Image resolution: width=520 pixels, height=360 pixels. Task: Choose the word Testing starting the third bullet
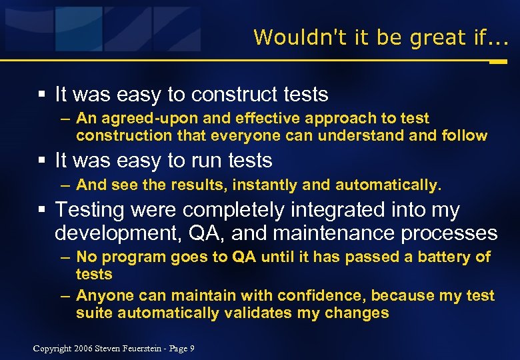point(90,210)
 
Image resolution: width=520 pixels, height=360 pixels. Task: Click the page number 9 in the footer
point(191,348)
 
